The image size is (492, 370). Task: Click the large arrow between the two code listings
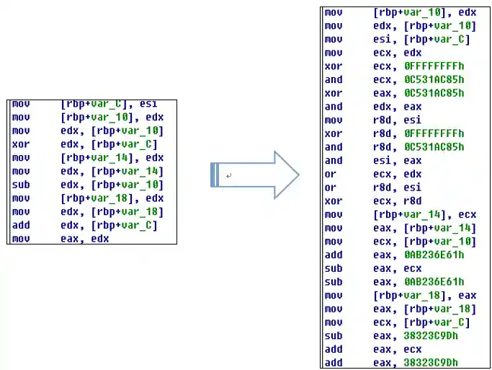click(256, 175)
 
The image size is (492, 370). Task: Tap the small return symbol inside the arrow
click(229, 175)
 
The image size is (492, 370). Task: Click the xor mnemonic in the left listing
click(21, 144)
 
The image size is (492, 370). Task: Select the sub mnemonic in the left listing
click(21, 185)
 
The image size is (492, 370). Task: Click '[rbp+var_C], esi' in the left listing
click(109, 104)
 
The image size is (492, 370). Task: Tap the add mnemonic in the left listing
click(21, 225)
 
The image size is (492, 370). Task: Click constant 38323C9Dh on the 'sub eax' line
click(431, 335)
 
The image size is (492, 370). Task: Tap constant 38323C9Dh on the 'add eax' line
click(431, 362)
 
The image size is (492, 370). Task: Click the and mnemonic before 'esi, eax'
click(334, 160)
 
